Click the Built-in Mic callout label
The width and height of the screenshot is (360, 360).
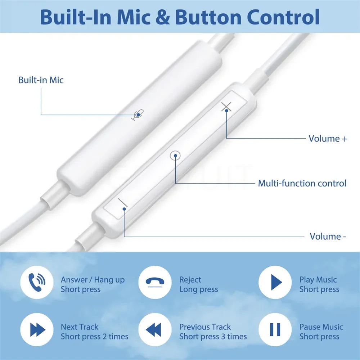coord(41,80)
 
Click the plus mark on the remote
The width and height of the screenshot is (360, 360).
coord(226,107)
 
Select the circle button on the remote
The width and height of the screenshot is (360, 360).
coord(175,156)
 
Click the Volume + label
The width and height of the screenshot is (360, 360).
coord(328,139)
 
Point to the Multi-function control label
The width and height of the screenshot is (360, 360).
coord(302,183)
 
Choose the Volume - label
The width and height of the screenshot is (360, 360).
coord(328,237)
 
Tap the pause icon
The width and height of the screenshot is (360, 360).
coord(275,329)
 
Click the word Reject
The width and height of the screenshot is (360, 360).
coord(190,280)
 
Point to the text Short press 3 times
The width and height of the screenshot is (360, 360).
coord(213,337)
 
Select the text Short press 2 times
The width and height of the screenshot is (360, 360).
coord(94,337)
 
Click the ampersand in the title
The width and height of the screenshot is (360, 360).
coord(164,17)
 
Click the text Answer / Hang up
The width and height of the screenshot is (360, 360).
coord(93,280)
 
